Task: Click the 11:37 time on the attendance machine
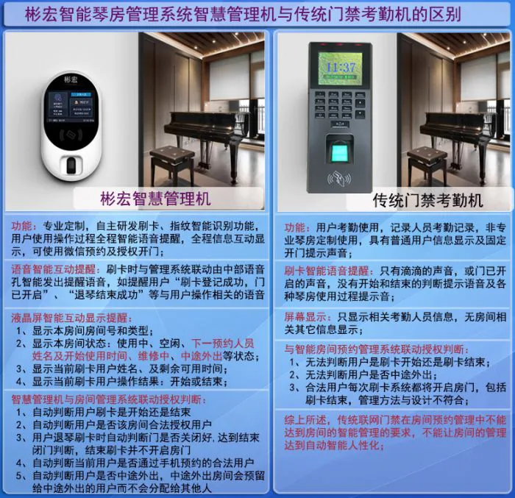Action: [341, 68]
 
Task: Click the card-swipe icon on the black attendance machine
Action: [339, 178]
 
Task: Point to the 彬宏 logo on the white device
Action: [71, 79]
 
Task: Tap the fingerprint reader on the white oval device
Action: [71, 166]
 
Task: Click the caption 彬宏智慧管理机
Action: [155, 199]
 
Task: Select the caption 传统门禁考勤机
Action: [427, 200]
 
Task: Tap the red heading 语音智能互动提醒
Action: [54, 269]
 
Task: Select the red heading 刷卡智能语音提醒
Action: [327, 271]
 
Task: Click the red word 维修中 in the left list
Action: [153, 356]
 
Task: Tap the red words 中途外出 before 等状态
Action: [202, 356]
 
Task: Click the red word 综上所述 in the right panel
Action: [305, 420]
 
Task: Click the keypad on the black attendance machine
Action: [339, 104]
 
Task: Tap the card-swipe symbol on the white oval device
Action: [71, 135]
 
